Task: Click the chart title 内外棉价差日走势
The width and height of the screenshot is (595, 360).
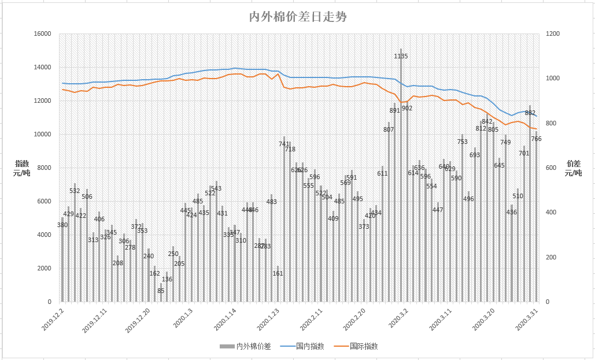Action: pyautogui.click(x=298, y=17)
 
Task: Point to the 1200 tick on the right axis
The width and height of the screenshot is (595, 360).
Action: pyautogui.click(x=553, y=34)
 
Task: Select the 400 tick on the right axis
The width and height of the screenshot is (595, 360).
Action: pyautogui.click(x=550, y=213)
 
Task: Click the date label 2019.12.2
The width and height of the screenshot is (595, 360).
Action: pyautogui.click(x=53, y=319)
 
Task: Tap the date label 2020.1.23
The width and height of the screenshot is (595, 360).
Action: pyautogui.click(x=268, y=319)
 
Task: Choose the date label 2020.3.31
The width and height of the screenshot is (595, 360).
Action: pyautogui.click(x=526, y=319)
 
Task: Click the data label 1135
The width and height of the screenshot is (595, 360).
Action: pyautogui.click(x=401, y=56)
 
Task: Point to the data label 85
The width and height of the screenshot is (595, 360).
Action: pyautogui.click(x=161, y=291)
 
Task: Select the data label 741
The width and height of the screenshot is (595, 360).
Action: pyautogui.click(x=284, y=144)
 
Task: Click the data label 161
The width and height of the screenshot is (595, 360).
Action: pyautogui.click(x=278, y=273)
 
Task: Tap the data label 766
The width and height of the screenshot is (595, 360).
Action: pyautogui.click(x=536, y=139)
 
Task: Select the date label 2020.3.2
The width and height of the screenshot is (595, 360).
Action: pyautogui.click(x=398, y=319)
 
